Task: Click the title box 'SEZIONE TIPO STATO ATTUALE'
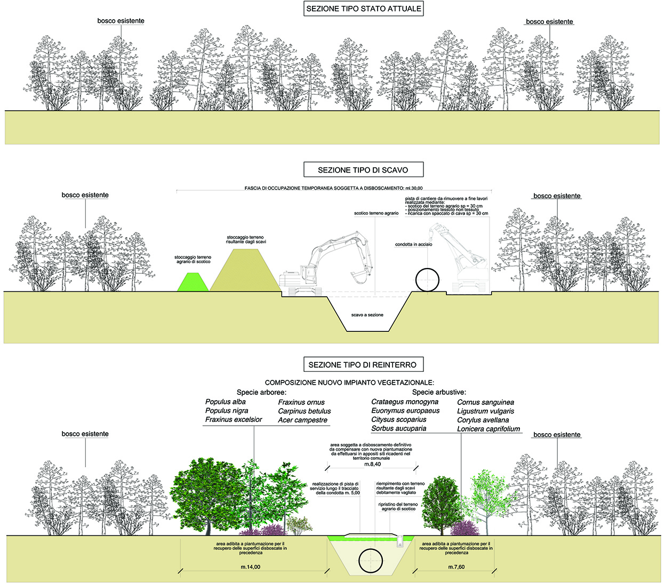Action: coord(364,9)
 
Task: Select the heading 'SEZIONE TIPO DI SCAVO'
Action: coord(363,170)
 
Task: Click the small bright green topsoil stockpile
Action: coord(193,283)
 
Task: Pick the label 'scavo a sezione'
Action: coord(367,315)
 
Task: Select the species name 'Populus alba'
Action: coord(226,402)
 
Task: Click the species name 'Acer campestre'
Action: coord(303,420)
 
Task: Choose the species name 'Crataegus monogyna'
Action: coord(405,402)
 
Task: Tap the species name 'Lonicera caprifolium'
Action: coord(488,429)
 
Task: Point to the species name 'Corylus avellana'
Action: coord(483,420)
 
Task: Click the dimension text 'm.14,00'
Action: coord(251,567)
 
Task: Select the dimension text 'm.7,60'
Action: coord(456,567)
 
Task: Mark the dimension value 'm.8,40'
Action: coord(373,464)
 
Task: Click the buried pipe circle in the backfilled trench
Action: coord(371,560)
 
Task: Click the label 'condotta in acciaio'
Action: coord(414,245)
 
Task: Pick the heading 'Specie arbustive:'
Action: coord(439,392)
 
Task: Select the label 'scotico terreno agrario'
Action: coord(376,213)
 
